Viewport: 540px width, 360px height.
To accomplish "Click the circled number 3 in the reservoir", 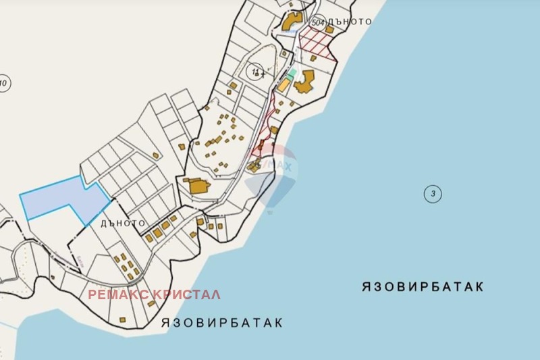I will tap(433, 195).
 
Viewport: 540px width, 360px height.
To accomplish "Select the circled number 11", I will tap(255, 72).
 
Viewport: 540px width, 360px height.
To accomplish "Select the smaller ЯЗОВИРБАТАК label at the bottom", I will tap(222, 323).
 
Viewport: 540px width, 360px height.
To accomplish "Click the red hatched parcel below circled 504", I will tap(317, 43).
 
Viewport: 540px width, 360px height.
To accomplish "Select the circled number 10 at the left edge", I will tap(3, 84).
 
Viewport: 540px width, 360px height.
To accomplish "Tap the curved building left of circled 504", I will tap(292, 21).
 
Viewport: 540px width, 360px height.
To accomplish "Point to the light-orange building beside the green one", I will tap(284, 84).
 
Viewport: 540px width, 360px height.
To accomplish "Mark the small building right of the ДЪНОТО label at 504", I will tap(329, 30).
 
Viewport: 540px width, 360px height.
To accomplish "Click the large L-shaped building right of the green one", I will tap(304, 82).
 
